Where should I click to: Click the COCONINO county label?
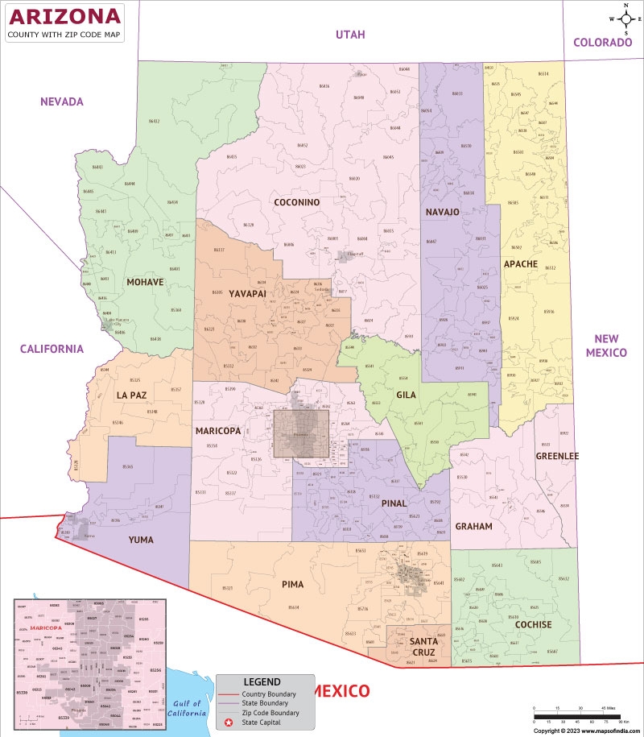click(296, 202)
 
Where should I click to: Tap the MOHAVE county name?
click(145, 282)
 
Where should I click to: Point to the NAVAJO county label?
click(442, 212)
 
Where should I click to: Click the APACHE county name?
click(520, 264)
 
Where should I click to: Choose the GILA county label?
click(406, 395)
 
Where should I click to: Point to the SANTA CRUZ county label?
click(423, 646)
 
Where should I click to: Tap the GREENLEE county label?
click(557, 456)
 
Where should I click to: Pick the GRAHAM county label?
click(473, 526)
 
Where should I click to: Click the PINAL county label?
click(394, 503)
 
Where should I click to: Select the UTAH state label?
click(350, 35)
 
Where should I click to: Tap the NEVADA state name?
click(62, 101)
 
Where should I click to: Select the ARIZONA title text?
click(64, 16)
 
